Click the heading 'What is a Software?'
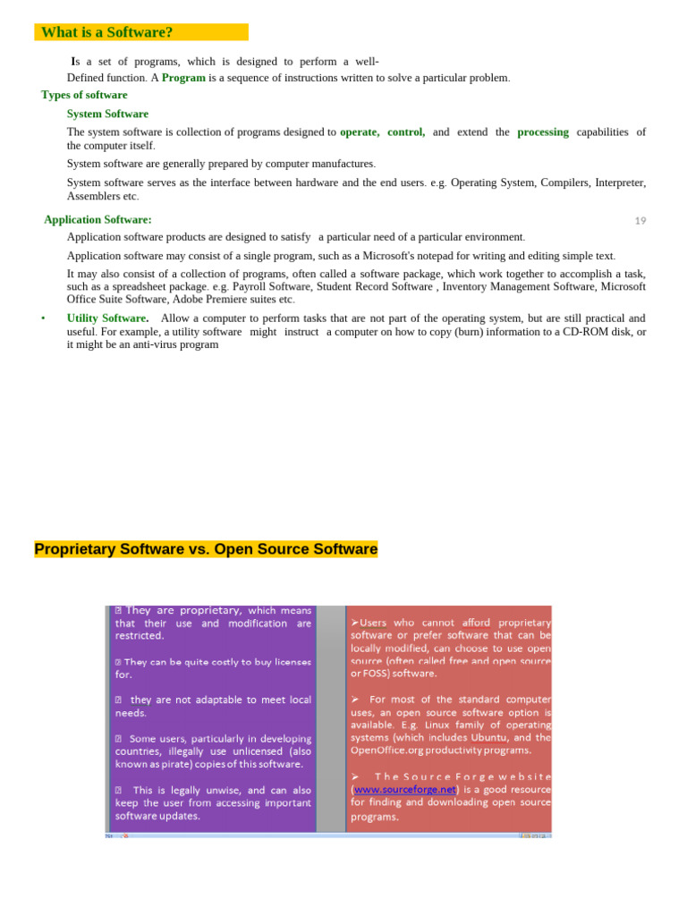click(106, 32)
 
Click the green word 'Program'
click(183, 78)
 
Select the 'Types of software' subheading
click(84, 95)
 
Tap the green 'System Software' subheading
click(107, 114)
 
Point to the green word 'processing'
click(542, 132)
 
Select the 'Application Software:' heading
click(98, 219)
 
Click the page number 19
click(640, 221)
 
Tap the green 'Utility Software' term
click(106, 318)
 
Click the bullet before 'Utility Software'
click(43, 318)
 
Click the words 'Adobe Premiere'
click(208, 300)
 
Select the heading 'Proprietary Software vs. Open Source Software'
click(206, 549)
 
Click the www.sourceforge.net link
click(404, 790)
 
